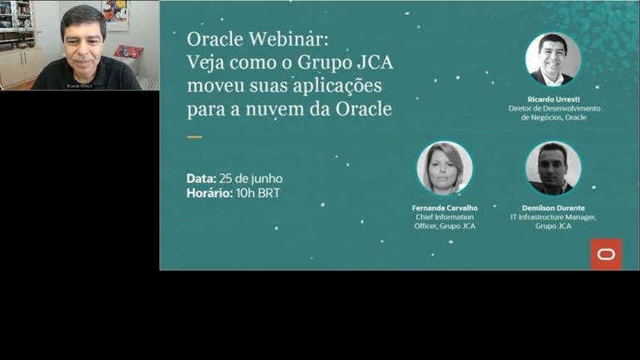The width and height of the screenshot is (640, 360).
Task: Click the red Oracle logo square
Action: coord(606,254)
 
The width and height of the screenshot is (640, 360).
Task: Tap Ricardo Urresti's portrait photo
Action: coord(553,60)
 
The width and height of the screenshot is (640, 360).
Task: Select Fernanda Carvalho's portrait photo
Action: coord(445,169)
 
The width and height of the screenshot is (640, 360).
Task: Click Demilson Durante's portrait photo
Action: coord(553,169)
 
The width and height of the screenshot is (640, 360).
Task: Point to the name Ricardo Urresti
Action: coord(554,99)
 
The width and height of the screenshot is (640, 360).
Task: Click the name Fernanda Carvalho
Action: coord(445,208)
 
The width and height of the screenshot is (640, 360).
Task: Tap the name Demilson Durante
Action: coord(554,208)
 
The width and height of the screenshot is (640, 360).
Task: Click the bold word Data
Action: coord(201,179)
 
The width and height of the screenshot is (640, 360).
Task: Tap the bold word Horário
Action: coord(209,194)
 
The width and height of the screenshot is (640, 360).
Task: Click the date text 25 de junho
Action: coord(252,179)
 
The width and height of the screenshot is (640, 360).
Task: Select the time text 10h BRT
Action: coord(258,194)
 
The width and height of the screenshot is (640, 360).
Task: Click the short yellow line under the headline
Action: coord(194,136)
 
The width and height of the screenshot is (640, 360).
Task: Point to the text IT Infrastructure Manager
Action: coord(554,217)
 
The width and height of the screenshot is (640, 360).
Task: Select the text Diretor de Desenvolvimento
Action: coord(554,108)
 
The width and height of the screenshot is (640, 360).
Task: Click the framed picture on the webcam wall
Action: coord(116,14)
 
